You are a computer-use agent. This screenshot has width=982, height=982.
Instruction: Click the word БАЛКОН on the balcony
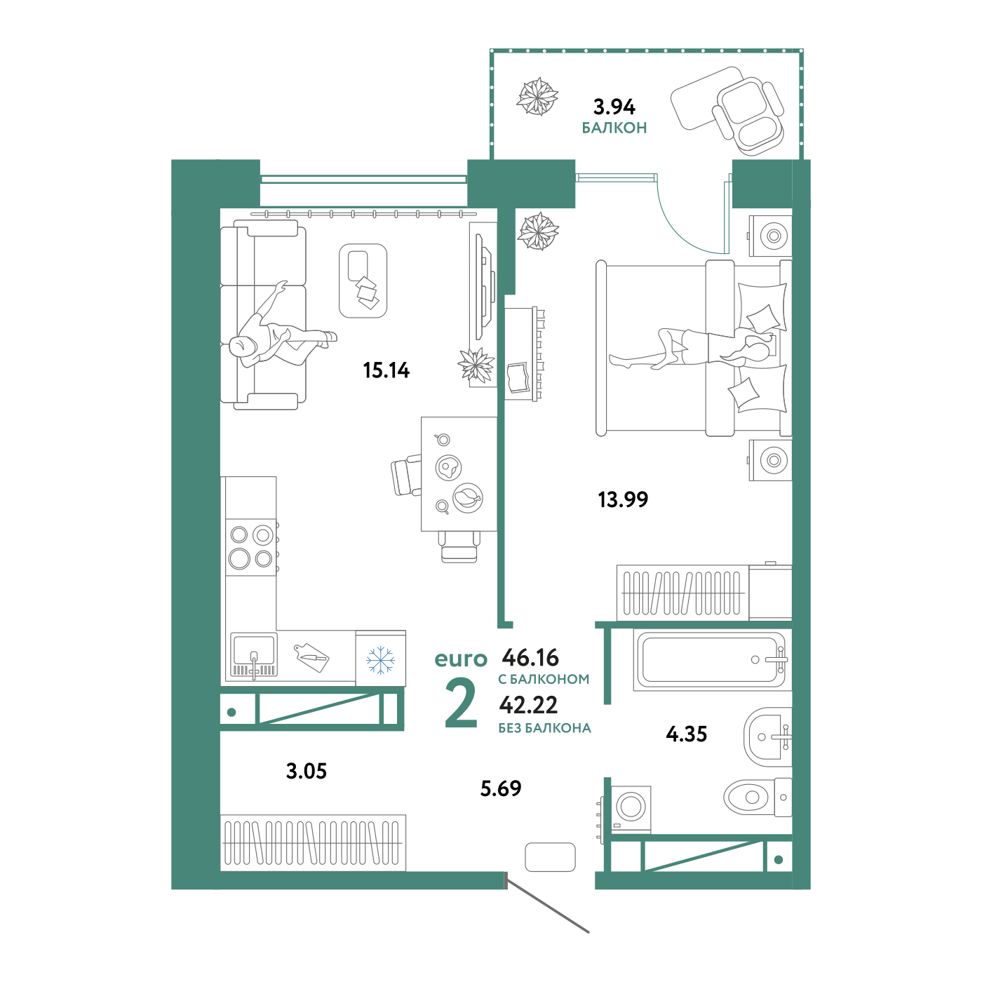point(614,128)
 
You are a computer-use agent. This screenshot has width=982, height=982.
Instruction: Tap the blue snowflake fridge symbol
point(381,660)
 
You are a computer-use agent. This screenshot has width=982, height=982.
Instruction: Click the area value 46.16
point(531,657)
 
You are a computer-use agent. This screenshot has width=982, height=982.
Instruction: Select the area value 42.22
point(528,704)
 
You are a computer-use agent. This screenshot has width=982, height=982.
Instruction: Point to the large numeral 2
point(461,705)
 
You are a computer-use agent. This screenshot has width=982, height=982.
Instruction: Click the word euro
point(460,659)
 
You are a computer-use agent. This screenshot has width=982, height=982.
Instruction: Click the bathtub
point(711,659)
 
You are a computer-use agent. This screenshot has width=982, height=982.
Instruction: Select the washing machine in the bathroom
point(631,807)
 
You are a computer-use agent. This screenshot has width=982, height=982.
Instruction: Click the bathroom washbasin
point(767,736)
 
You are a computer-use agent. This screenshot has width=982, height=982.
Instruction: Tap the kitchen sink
point(254,655)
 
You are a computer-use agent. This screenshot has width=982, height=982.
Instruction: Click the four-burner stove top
point(251,547)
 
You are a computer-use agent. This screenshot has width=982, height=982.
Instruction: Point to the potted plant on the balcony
point(538,96)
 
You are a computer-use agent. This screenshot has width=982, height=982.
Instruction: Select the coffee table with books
point(363,281)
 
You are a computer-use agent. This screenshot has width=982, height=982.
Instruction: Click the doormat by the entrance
point(550,857)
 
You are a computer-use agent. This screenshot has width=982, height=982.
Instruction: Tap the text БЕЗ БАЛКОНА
point(544,728)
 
